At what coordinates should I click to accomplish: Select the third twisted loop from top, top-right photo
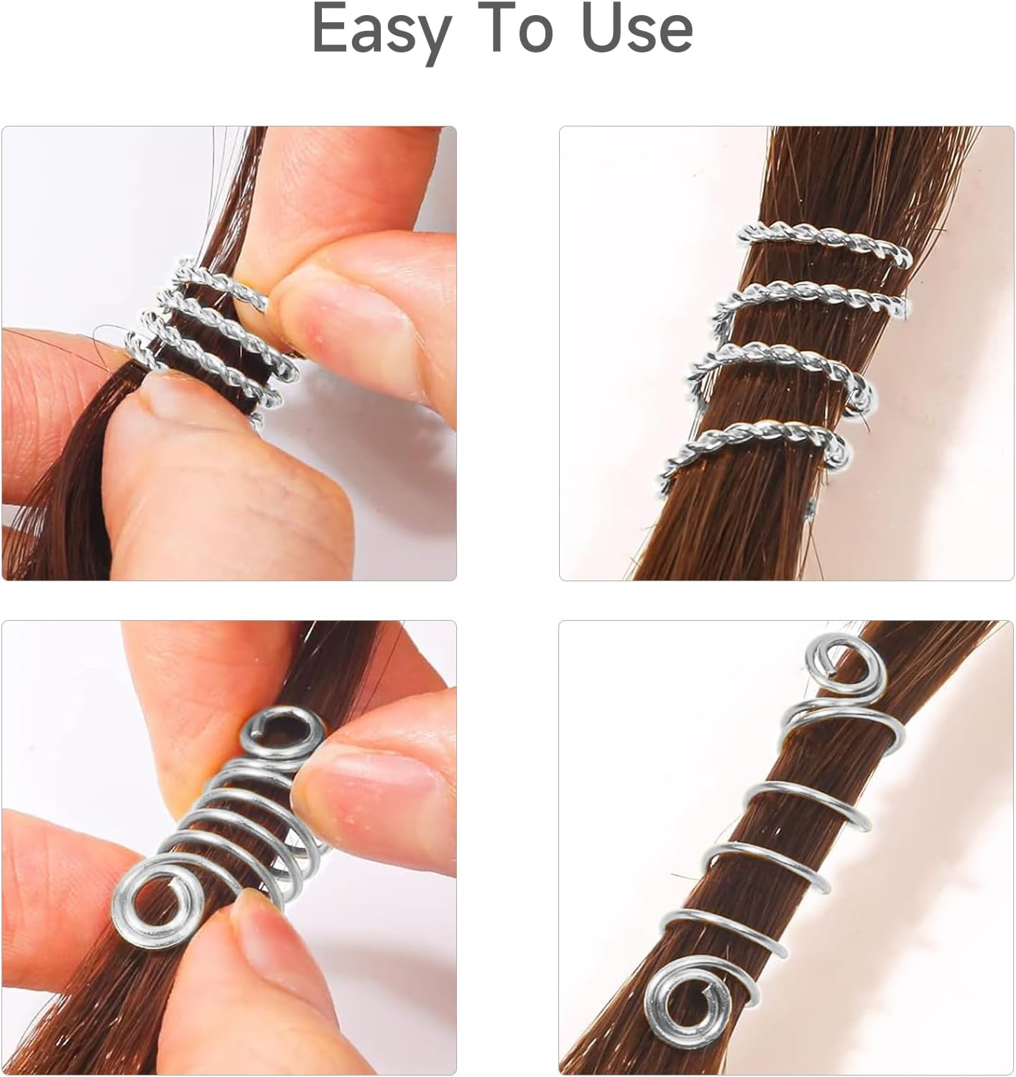pyautogui.click(x=783, y=357)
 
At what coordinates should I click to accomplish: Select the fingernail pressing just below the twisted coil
pyautogui.click(x=172, y=392)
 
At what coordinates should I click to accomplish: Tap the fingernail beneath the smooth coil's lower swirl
pyautogui.click(x=262, y=941)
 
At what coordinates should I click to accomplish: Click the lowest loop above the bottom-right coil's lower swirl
pyautogui.click(x=726, y=927)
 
